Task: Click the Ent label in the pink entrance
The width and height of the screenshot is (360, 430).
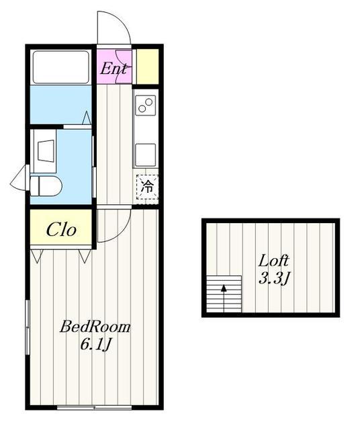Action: pos(114,69)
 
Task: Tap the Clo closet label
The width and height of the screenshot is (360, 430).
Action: pos(61,229)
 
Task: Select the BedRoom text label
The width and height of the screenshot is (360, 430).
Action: pos(95,327)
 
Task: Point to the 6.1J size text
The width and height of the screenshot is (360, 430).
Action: pos(95,345)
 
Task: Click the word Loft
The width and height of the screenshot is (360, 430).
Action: pos(273,261)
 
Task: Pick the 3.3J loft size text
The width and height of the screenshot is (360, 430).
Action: pos(274,279)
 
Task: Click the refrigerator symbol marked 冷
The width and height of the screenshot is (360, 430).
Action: pos(147,186)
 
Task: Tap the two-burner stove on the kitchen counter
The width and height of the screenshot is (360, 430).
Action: pos(145,105)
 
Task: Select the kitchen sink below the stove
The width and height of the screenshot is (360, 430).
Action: pos(145,155)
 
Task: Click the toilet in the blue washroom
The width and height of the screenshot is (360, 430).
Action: pos(46,186)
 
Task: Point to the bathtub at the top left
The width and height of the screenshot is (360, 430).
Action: pos(61,67)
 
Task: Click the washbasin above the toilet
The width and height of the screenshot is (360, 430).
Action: pos(45,151)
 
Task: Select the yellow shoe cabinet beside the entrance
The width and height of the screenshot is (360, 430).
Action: pos(148,67)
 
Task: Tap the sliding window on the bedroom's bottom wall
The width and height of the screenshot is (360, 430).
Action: pos(95,407)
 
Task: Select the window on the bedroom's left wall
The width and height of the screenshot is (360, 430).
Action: pos(28,327)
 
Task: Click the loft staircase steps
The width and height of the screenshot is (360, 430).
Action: pos(224,294)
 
